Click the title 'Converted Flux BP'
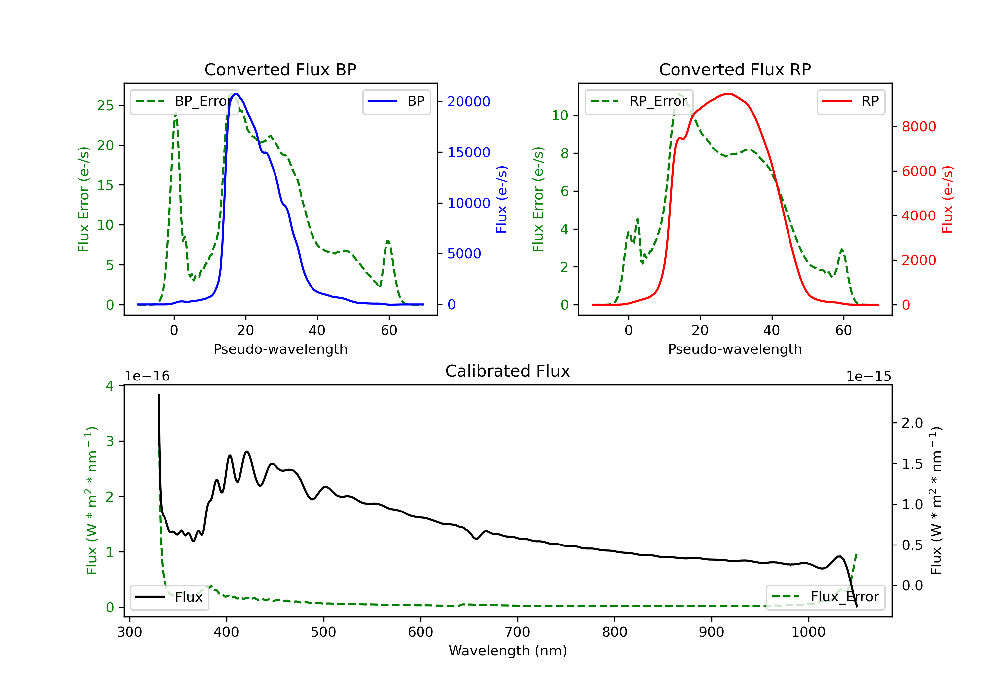(x=280, y=69)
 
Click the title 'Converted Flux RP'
(x=735, y=69)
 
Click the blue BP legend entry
(x=396, y=101)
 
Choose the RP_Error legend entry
(x=639, y=101)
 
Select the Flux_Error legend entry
(x=825, y=597)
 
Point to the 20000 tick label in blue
(x=468, y=102)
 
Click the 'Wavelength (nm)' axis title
(x=508, y=651)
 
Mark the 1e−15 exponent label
(x=868, y=377)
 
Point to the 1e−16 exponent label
(x=147, y=377)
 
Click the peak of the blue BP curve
(x=236, y=94)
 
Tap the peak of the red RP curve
(x=729, y=94)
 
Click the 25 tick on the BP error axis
(x=105, y=106)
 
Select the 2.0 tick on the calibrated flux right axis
(x=912, y=423)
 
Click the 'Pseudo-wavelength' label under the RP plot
(x=735, y=349)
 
